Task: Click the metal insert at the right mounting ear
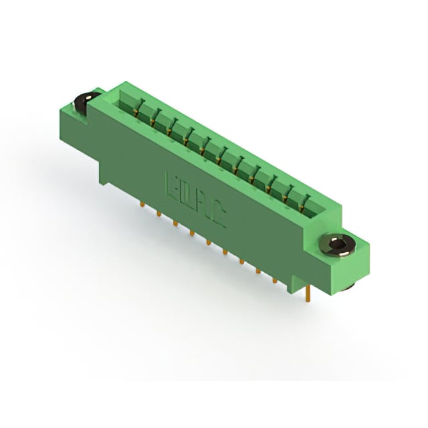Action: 336,245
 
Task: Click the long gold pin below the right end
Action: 308,294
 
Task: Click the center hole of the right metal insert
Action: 338,245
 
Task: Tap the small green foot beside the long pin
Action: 294,286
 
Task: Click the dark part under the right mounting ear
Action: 349,287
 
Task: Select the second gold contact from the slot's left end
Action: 153,118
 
